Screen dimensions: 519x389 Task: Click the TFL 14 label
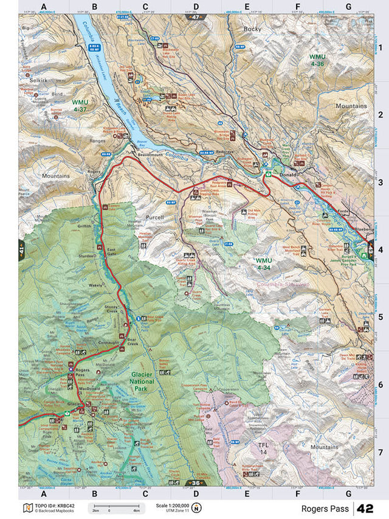(263, 449)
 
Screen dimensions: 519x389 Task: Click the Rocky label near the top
(252, 29)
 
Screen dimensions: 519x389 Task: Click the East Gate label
(111, 251)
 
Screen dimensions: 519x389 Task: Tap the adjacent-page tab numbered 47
(195, 18)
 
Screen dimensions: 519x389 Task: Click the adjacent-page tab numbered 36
(195, 483)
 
